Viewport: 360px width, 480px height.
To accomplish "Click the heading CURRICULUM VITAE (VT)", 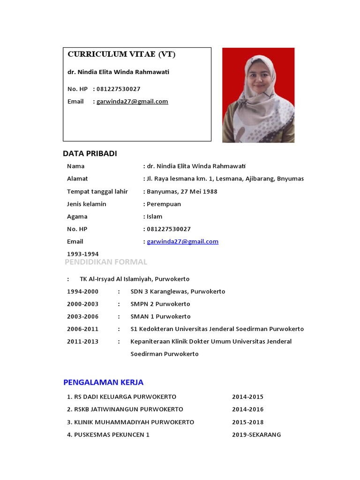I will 121,54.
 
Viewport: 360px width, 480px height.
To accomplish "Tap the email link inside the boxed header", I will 132,101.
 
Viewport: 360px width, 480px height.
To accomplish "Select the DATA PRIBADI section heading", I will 90,154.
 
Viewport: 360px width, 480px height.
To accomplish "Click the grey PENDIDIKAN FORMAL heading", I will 106,262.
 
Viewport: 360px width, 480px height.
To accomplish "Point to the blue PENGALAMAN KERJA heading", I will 103,382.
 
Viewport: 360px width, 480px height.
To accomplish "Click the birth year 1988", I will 210,191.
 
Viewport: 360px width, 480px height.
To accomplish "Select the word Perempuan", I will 164,204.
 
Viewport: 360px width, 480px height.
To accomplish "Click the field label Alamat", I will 77,179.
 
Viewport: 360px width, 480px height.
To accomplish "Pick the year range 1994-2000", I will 82,292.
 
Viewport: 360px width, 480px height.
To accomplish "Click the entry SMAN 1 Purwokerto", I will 160,316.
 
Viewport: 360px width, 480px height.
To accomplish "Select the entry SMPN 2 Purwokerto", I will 160,304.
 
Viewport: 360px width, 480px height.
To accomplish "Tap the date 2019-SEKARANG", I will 256,435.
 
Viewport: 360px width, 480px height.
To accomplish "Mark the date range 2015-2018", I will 247,422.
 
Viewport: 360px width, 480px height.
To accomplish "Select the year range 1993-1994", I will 82,254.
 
